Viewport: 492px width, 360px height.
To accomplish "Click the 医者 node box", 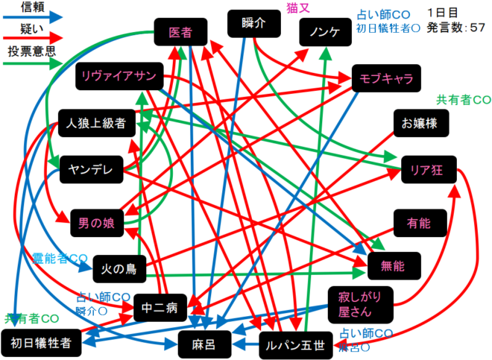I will pyautogui.click(x=180, y=33).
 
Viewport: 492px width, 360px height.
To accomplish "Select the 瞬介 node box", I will pyautogui.click(x=253, y=23).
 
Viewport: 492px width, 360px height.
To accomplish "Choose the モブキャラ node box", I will pyautogui.click(x=385, y=78).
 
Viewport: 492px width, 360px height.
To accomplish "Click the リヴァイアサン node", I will pyautogui.click(x=119, y=77).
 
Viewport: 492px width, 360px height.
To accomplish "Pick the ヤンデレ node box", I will pyautogui.click(x=91, y=169).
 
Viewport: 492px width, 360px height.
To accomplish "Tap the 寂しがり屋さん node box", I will pyautogui.click(x=360, y=304).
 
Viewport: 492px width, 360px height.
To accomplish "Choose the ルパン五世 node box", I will pyautogui.click(x=295, y=344).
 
